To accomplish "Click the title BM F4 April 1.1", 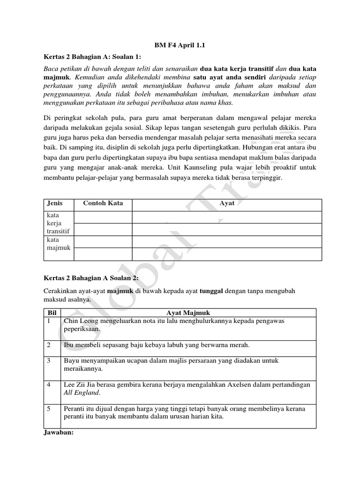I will (x=180, y=45).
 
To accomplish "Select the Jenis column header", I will (x=54, y=203).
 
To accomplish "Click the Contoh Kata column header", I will (x=103, y=203).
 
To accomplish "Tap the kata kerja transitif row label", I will (x=58, y=223).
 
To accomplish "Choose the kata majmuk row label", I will (x=58, y=244).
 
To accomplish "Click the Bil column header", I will (x=52, y=312).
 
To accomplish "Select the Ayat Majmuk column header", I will (x=187, y=312).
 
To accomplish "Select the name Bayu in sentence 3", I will (x=72, y=360).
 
